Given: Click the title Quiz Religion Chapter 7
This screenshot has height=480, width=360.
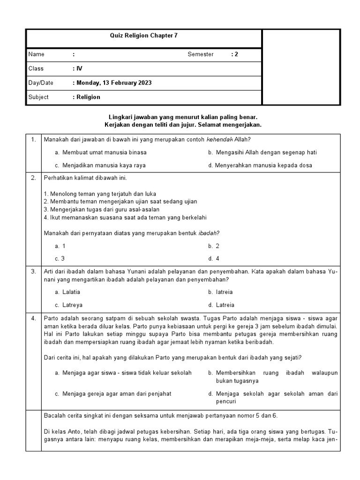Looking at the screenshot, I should tap(143, 35).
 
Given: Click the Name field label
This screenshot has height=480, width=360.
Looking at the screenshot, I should tap(36, 54).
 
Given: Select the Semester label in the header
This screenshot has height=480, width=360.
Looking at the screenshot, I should tap(200, 54).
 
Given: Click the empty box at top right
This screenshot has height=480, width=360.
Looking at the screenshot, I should tap(301, 67).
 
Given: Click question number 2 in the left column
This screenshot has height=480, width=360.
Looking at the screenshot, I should tap(33, 178).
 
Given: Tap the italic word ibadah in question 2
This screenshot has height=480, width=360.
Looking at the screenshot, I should tap(209, 233).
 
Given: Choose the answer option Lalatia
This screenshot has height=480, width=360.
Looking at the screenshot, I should tap(71, 292).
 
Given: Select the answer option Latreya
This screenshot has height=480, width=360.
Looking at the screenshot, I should tap(72, 305).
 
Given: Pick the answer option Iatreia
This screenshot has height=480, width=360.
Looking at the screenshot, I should tap(224, 292).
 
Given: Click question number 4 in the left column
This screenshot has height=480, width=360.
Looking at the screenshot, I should tap(33, 318).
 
